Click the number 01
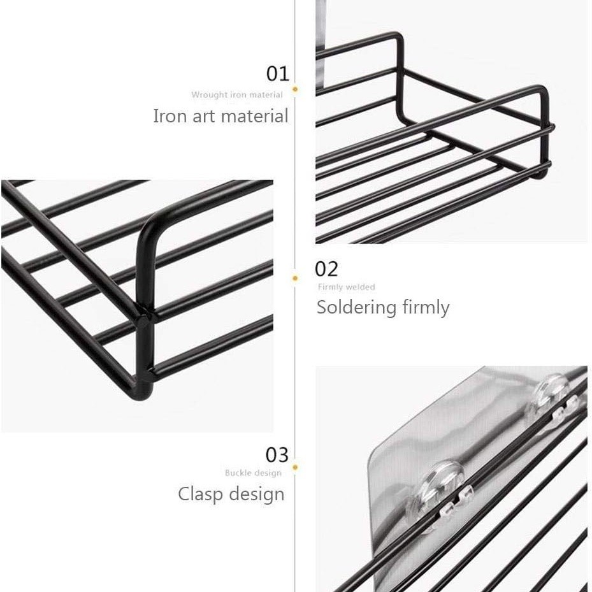[277, 74]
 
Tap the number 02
[326, 269]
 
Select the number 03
[277, 455]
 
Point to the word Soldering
[356, 308]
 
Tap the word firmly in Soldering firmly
[426, 307]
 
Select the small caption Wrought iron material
[236, 95]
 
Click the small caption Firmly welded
[346, 287]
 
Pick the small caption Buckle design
[253, 473]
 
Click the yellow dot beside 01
[295, 89]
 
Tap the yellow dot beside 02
[295, 278]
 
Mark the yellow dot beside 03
[295, 467]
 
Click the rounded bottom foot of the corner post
[143, 391]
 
